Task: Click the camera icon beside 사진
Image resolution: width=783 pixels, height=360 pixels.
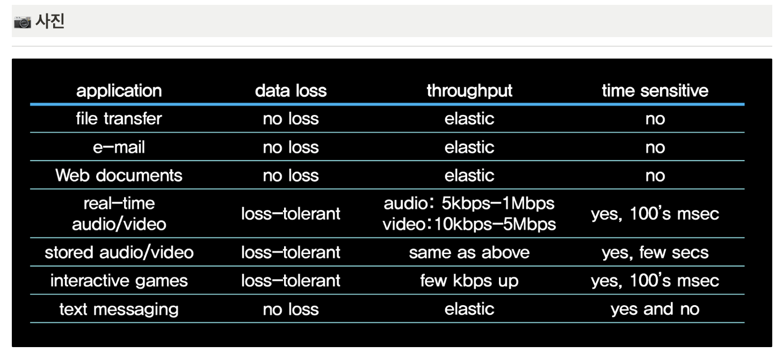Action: pyautogui.click(x=22, y=22)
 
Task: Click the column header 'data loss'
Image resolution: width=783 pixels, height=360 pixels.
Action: pyautogui.click(x=291, y=91)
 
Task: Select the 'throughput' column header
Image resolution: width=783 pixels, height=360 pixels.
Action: pyautogui.click(x=469, y=91)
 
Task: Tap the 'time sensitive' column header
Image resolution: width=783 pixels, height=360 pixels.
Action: pyautogui.click(x=655, y=91)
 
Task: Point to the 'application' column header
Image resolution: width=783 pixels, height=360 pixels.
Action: pyautogui.click(x=119, y=91)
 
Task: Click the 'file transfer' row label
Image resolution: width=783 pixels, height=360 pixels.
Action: pyautogui.click(x=119, y=119)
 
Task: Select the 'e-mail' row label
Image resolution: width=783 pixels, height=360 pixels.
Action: pyautogui.click(x=119, y=147)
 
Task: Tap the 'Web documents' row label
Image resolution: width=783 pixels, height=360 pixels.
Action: pyautogui.click(x=119, y=175)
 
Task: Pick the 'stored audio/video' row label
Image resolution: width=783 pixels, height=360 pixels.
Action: pyautogui.click(x=119, y=253)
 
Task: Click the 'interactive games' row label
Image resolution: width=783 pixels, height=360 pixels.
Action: pyautogui.click(x=119, y=280)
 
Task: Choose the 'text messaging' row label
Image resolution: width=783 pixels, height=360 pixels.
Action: pyautogui.click(x=119, y=309)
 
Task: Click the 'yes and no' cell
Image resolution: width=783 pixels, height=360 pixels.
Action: pyautogui.click(x=655, y=309)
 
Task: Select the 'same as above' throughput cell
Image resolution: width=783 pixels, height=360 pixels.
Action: pyautogui.click(x=469, y=253)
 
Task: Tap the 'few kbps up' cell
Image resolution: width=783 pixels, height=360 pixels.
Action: pyautogui.click(x=469, y=280)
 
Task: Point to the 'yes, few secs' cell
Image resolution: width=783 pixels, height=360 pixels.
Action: pyautogui.click(x=655, y=253)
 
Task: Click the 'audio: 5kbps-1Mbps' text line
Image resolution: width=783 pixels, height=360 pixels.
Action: pyautogui.click(x=469, y=204)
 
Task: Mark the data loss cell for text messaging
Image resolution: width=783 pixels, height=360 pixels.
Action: pyautogui.click(x=291, y=309)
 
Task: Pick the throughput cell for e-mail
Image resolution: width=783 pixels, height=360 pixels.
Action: pyautogui.click(x=469, y=147)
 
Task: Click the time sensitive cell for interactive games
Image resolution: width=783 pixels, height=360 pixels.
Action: pyautogui.click(x=655, y=280)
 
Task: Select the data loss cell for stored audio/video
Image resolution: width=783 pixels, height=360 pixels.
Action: pyautogui.click(x=291, y=253)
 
